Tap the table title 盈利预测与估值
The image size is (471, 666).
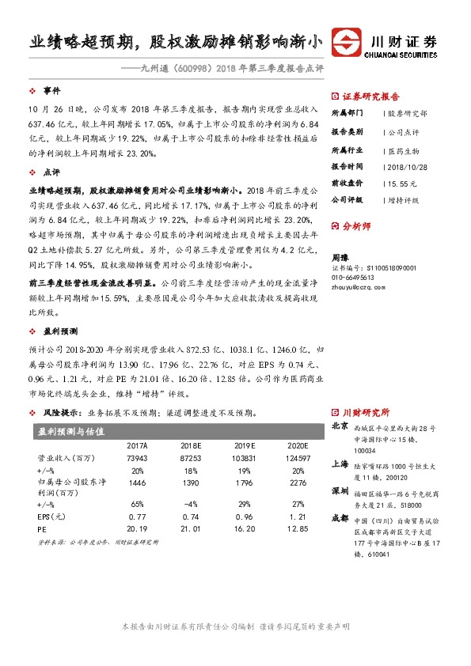71,430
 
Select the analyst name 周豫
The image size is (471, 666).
340,259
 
